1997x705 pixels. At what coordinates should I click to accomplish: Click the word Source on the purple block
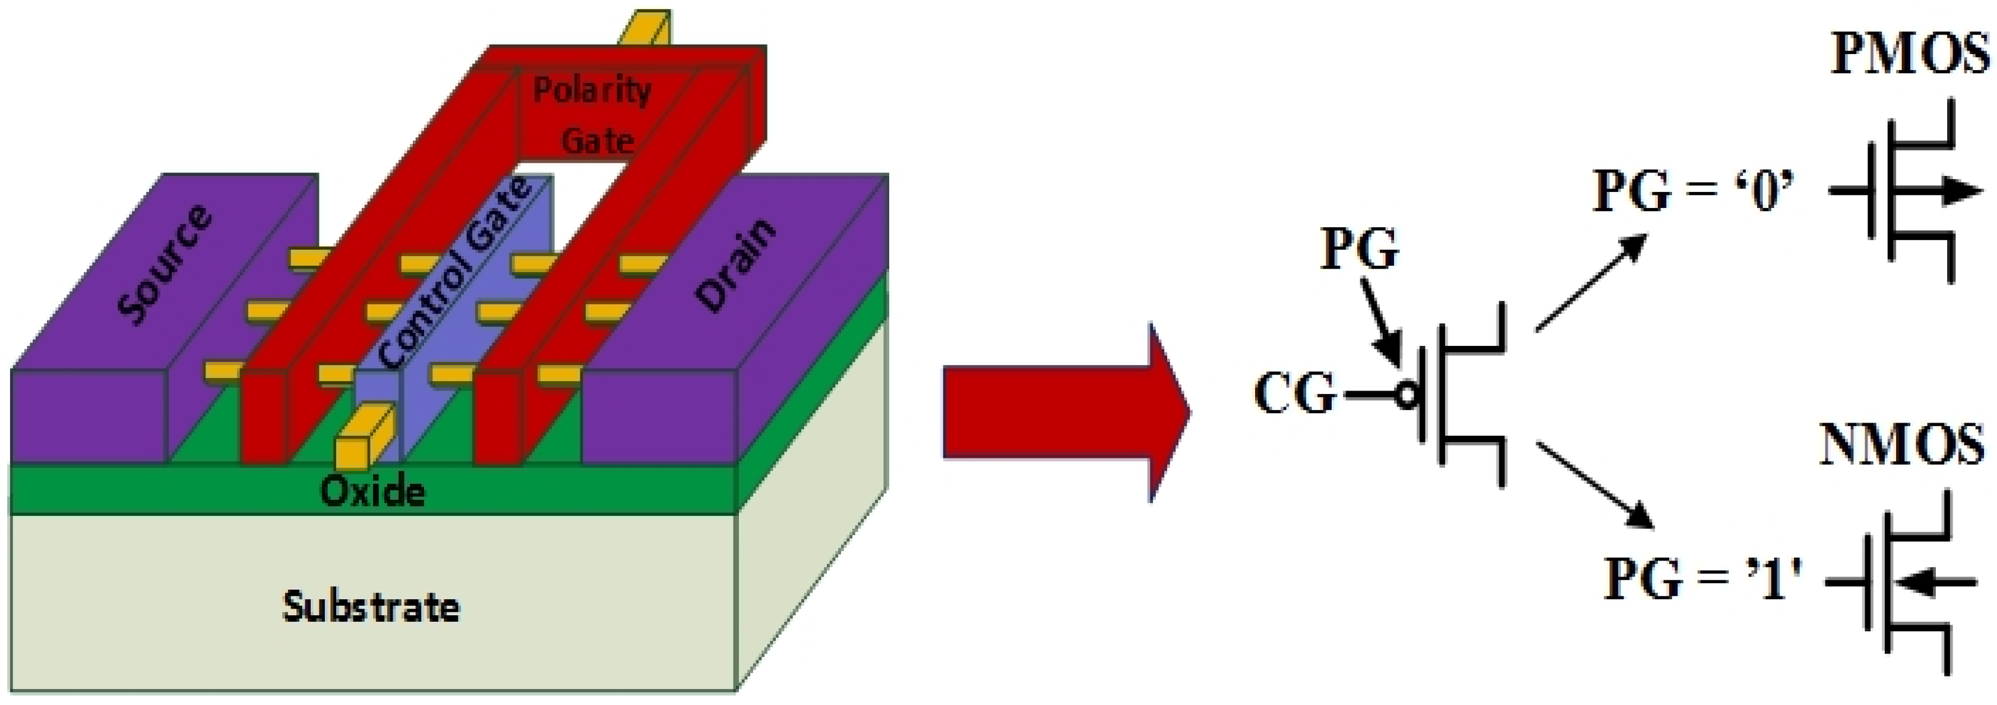coord(165,264)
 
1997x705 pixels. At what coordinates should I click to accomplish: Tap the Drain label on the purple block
coord(735,265)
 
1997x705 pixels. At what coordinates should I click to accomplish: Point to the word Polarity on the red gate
coord(592,91)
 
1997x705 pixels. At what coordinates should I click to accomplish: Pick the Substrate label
coord(371,606)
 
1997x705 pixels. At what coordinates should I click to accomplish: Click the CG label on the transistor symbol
coord(1295,394)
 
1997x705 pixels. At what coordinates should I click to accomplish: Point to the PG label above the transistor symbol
coord(1360,250)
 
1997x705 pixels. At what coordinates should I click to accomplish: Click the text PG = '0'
coord(1694,191)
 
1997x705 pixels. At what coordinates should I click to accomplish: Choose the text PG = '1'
coord(1702,580)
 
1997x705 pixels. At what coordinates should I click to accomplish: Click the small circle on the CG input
coord(1406,396)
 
